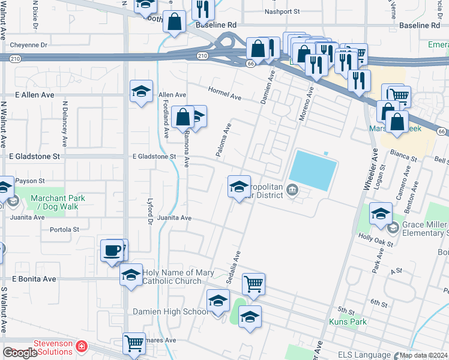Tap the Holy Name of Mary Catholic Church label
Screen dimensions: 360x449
178,277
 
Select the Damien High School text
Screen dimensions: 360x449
170,311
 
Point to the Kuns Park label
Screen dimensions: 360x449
348,322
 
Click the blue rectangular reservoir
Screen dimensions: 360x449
314,170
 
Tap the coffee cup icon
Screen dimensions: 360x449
112,251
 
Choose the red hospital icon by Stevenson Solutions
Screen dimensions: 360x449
80,347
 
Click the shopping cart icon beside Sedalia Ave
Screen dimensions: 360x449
254,283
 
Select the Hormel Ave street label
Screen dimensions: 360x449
224,93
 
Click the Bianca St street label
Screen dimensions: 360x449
405,156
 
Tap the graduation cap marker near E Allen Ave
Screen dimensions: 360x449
142,91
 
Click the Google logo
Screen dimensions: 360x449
20,353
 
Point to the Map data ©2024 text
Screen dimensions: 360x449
423,355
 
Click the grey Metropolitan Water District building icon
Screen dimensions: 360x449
292,190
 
